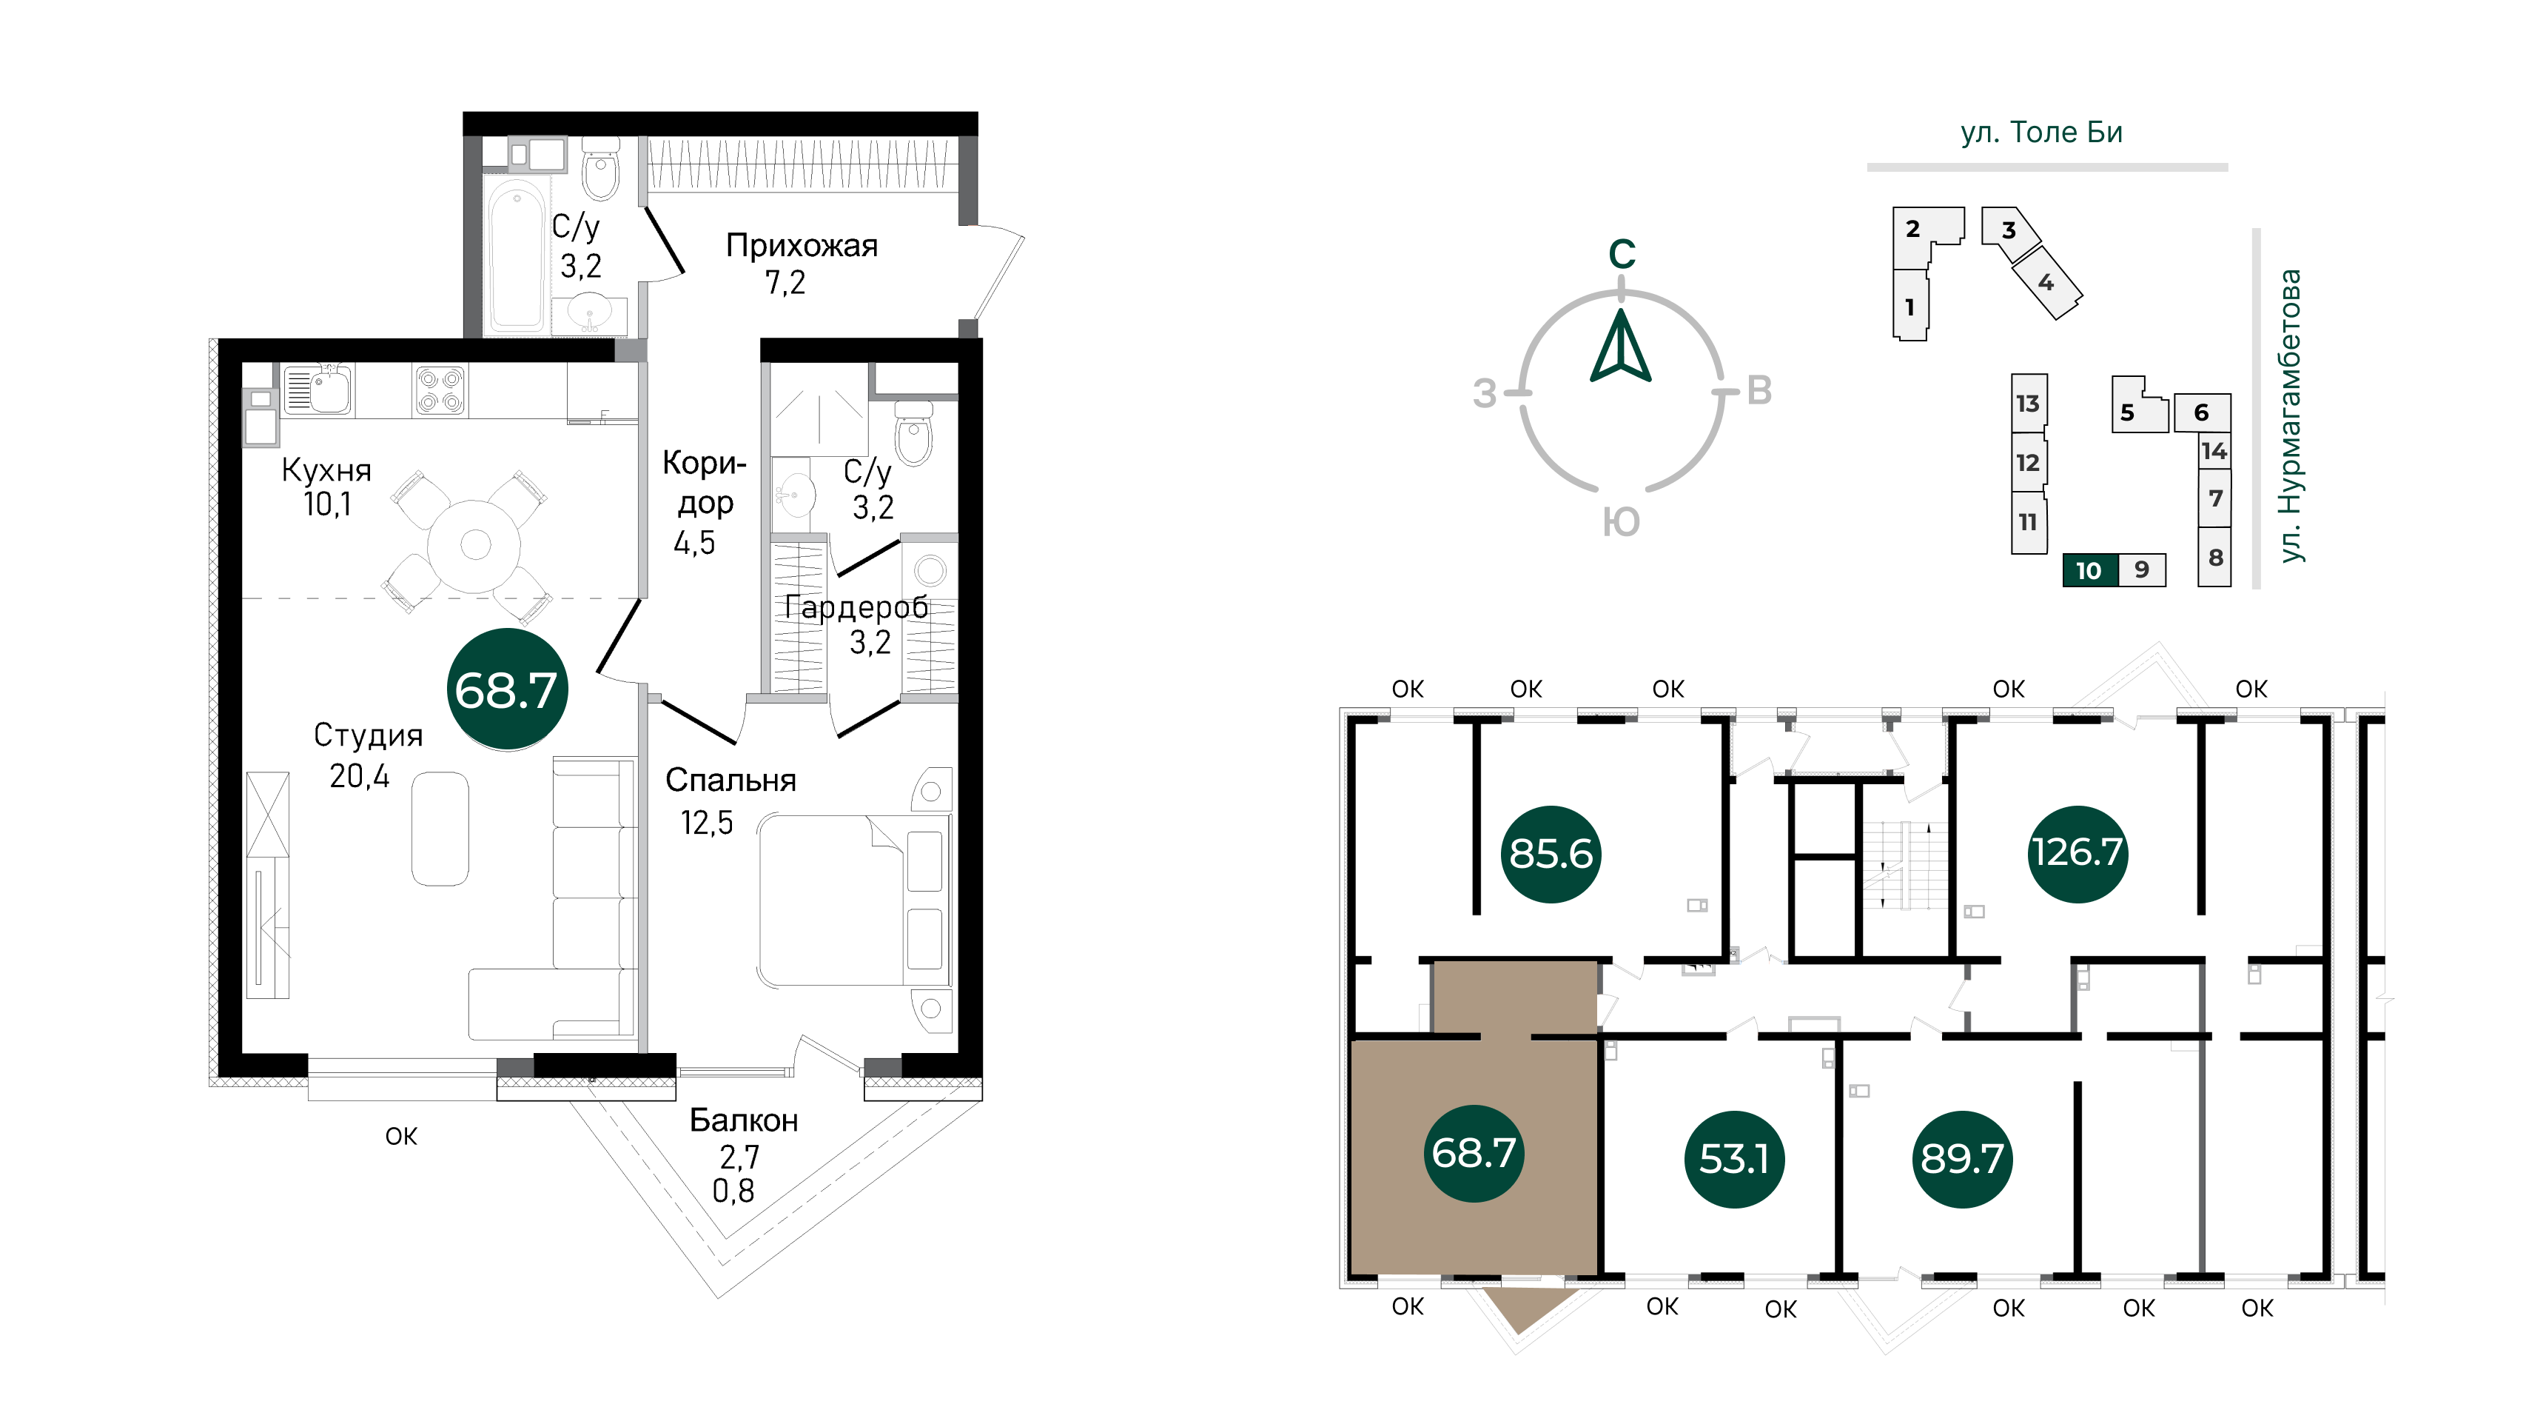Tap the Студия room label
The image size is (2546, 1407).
click(x=368, y=735)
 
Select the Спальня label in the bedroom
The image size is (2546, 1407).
click(x=730, y=780)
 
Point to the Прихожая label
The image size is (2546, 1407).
click(x=802, y=245)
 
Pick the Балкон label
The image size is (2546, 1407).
click(x=743, y=1120)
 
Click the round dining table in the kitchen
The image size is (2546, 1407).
click(x=475, y=545)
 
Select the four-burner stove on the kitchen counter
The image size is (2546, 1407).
click(x=440, y=390)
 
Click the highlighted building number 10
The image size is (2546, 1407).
click(x=2089, y=570)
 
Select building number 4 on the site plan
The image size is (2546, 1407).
click(x=2046, y=283)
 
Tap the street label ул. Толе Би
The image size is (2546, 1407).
click(x=2041, y=133)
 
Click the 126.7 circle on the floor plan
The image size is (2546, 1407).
click(x=2078, y=852)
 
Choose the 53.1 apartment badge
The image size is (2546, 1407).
click(x=1735, y=1159)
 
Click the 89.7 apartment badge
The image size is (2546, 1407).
click(x=1962, y=1159)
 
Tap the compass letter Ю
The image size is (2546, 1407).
click(x=1621, y=522)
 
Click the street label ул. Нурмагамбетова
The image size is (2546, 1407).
click(x=2289, y=415)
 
